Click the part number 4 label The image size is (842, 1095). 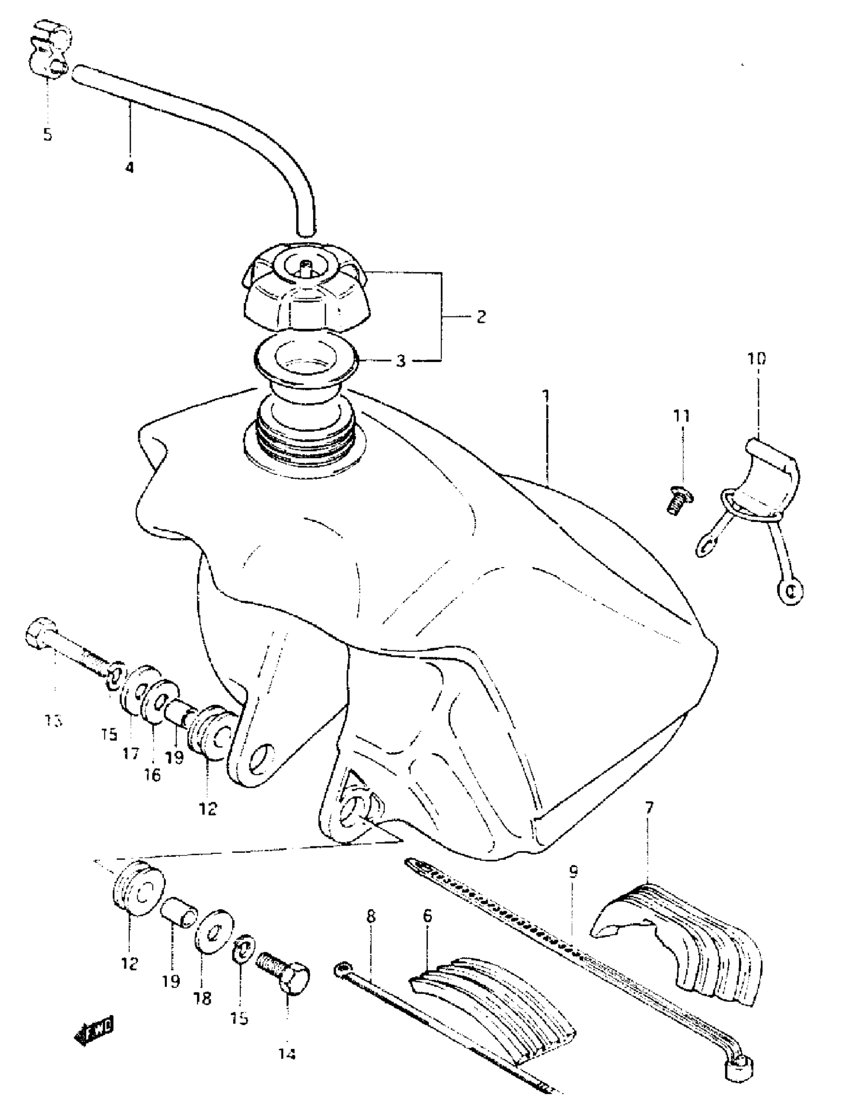(x=130, y=167)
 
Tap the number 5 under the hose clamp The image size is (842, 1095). (x=48, y=134)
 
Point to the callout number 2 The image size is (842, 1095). (x=481, y=317)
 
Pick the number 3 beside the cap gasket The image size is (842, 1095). (x=401, y=361)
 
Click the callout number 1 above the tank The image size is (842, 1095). (x=546, y=396)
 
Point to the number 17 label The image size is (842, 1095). (x=131, y=753)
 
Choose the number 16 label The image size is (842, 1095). (x=153, y=775)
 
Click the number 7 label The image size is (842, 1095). (x=649, y=808)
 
